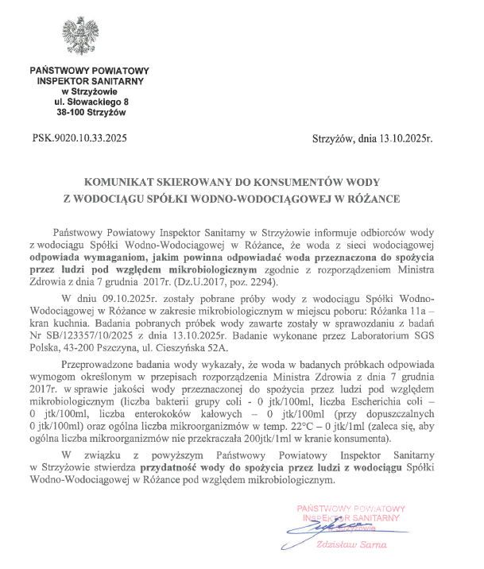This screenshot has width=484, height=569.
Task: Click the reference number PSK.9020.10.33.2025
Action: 80,137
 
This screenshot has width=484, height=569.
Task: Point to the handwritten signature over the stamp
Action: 318,525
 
